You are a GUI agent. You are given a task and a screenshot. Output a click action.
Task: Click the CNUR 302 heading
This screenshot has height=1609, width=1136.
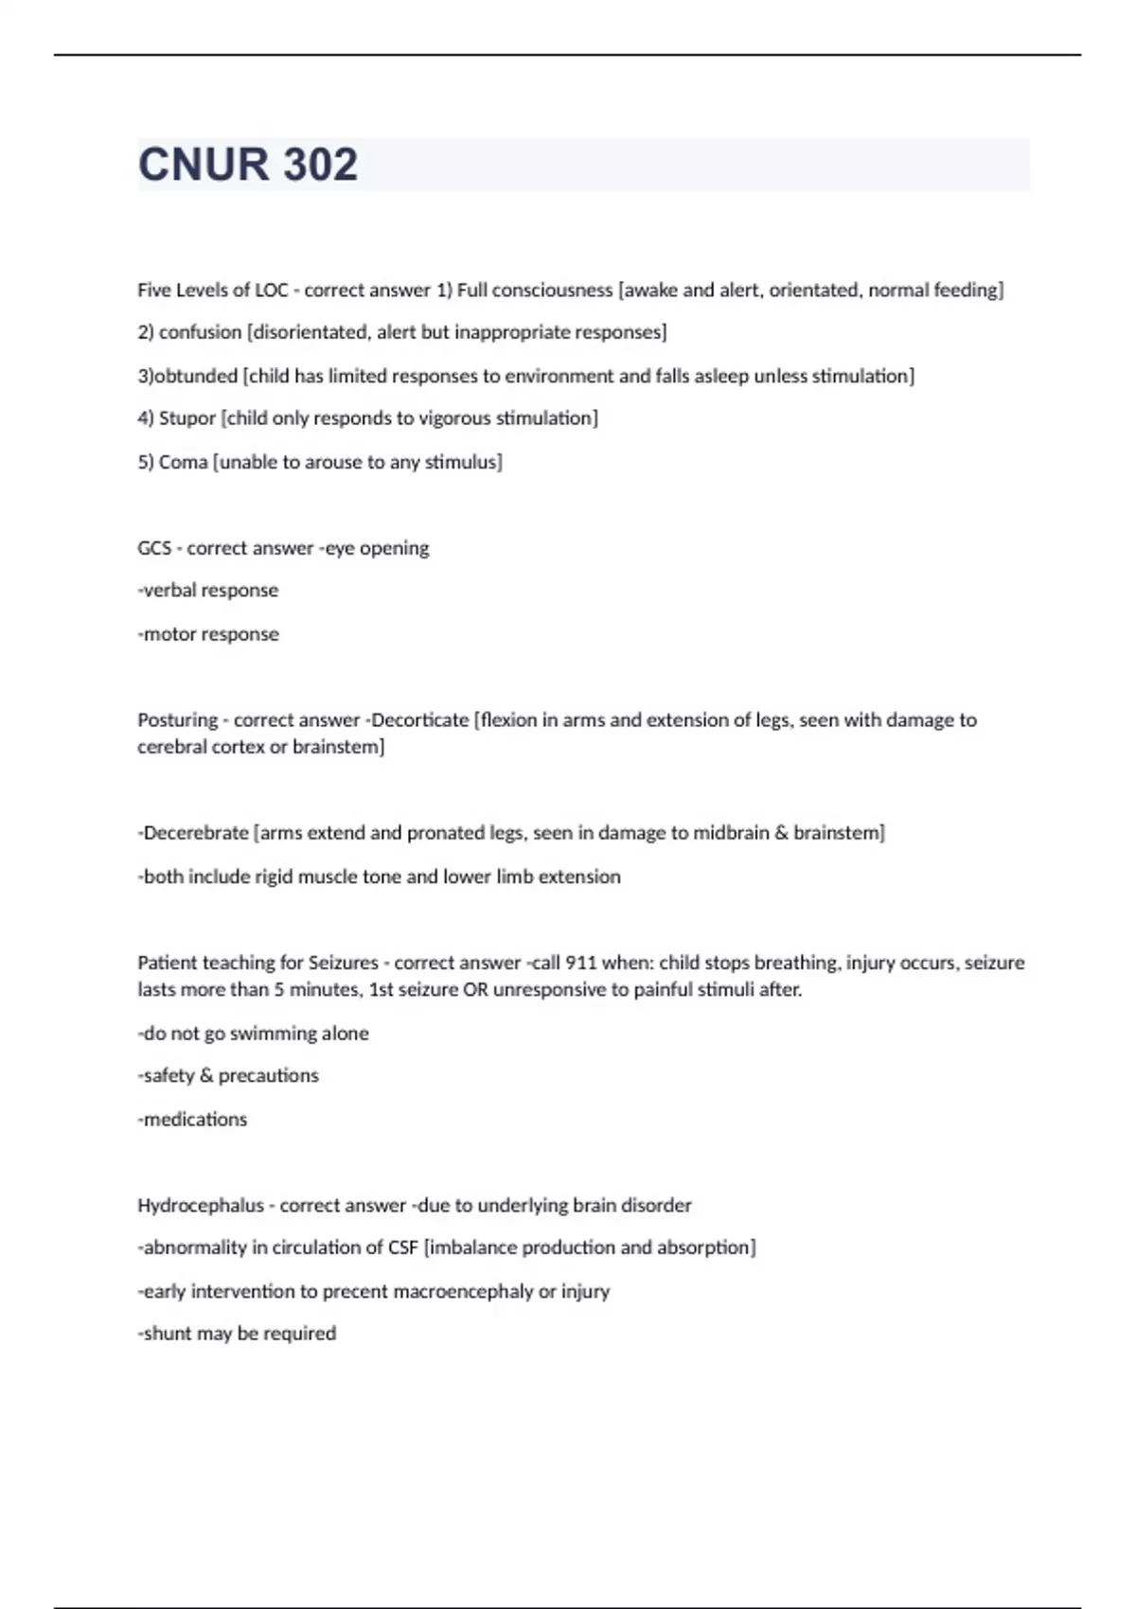tap(248, 165)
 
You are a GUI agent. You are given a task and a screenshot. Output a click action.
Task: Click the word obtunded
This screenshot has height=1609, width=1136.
tap(196, 376)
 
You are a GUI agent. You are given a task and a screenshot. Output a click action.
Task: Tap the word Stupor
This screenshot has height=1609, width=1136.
tap(186, 418)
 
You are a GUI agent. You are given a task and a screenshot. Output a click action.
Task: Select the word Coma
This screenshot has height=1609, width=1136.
tap(183, 462)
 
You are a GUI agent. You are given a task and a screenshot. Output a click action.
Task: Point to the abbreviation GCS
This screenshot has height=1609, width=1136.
tap(154, 548)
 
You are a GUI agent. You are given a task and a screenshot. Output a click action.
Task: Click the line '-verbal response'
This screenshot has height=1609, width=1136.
tap(208, 591)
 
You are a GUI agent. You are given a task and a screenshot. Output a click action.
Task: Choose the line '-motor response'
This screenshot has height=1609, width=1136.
tap(208, 634)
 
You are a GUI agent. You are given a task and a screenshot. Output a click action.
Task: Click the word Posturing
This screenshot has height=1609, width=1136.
tap(178, 720)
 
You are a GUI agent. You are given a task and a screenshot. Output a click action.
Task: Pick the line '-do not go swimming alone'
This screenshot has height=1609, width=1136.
tap(253, 1034)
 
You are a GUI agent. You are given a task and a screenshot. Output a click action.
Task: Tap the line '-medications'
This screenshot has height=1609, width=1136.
tap(192, 1120)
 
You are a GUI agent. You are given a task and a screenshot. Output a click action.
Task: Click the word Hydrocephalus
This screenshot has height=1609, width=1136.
tap(201, 1206)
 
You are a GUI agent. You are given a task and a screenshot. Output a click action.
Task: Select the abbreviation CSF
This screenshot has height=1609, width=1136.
tap(402, 1247)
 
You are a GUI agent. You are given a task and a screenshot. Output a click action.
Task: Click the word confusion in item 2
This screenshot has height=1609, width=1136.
tap(200, 332)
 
